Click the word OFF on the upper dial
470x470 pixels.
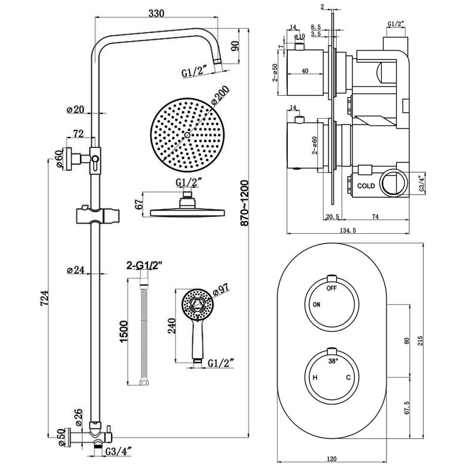[x=332, y=288]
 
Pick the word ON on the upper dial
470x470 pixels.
[x=316, y=304]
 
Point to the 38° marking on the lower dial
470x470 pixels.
[x=333, y=362]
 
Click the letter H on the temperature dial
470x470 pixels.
[x=315, y=378]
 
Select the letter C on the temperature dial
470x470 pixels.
[x=348, y=378]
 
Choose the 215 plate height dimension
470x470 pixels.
[x=421, y=343]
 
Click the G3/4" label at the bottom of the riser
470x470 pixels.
[x=118, y=452]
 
